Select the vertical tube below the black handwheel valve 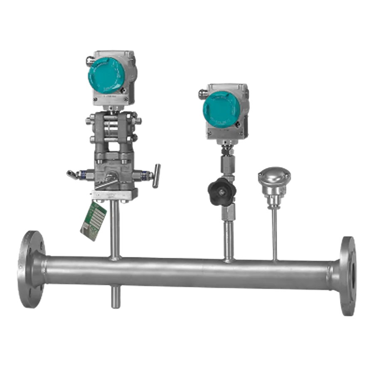228,237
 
